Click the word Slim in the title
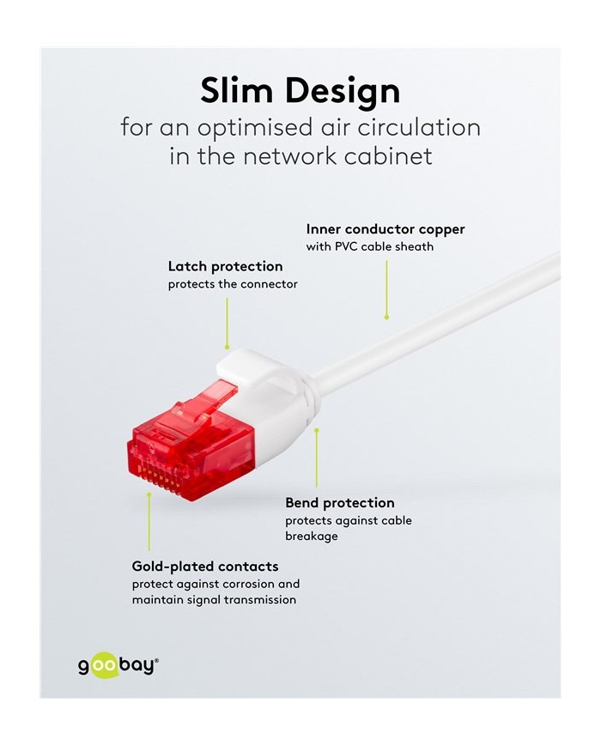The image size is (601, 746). [236, 90]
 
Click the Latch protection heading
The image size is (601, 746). [225, 266]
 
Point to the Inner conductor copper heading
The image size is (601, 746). [385, 229]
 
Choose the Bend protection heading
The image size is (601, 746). [340, 503]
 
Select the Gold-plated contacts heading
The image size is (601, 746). [205, 567]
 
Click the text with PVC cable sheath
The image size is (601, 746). [370, 246]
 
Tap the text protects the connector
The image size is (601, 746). [233, 284]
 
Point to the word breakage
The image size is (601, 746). [312, 537]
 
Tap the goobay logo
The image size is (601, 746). [118, 665]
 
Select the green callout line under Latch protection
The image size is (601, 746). [227, 324]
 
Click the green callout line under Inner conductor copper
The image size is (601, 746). [386, 289]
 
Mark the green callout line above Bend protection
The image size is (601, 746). [317, 458]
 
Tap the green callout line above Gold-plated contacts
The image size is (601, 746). [149, 522]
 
